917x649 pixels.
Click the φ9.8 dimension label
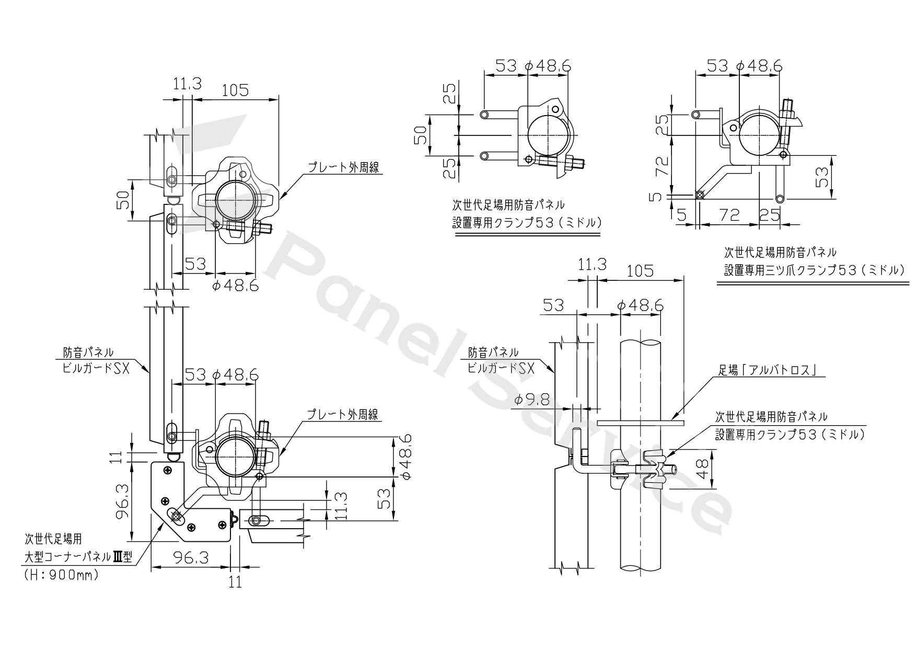[x=531, y=400]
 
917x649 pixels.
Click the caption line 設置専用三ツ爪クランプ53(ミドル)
[x=813, y=270]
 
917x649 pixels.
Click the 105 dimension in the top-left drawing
[x=235, y=90]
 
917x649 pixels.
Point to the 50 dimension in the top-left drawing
[x=122, y=200]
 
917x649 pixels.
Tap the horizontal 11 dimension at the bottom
[x=236, y=582]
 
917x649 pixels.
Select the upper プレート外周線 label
[x=343, y=167]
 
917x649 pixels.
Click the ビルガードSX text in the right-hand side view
[x=501, y=368]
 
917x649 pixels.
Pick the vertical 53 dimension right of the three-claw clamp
[x=822, y=177]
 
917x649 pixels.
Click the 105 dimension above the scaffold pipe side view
[x=640, y=270]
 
